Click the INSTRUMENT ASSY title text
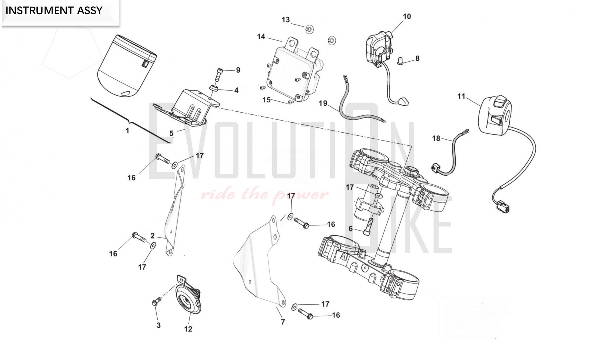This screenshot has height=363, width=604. tap(54, 11)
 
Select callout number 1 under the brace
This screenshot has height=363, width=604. tap(127, 131)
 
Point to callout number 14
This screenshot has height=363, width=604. tap(261, 37)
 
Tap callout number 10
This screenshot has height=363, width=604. tap(407, 16)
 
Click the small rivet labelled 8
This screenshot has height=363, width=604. tap(401, 62)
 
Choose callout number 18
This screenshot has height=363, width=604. tap(436, 138)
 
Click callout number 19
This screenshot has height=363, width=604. tap(323, 103)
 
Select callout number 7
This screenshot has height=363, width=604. tap(283, 322)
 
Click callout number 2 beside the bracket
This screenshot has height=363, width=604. tap(152, 236)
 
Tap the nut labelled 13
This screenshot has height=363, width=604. tap(309, 29)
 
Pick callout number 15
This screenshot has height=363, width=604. tap(266, 100)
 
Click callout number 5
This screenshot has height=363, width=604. tap(171, 133)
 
